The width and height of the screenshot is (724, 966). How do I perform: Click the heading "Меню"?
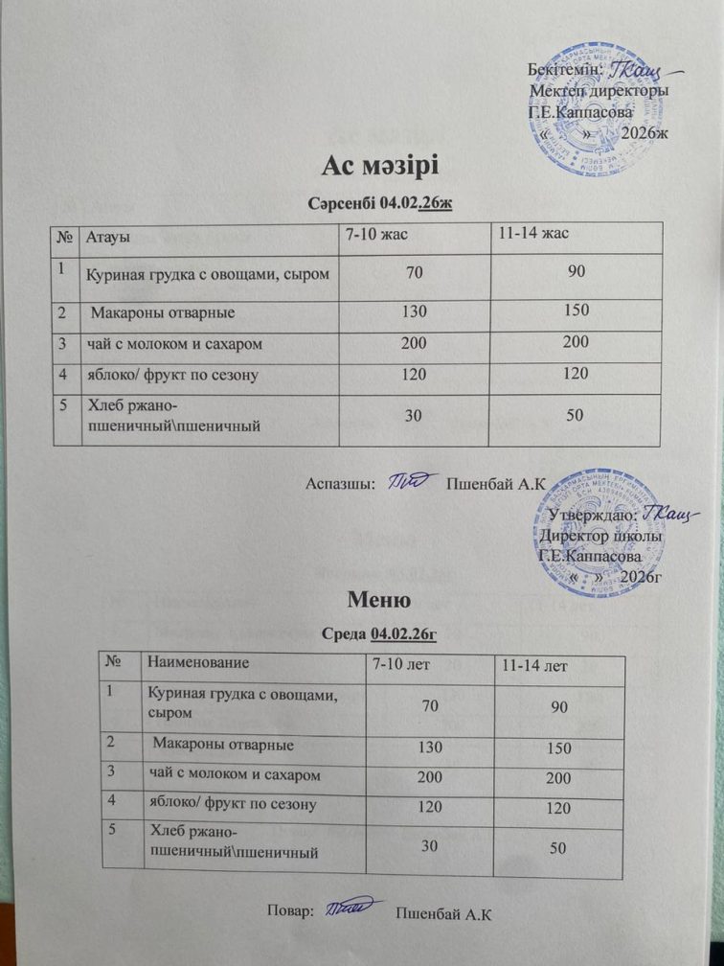pyautogui.click(x=379, y=603)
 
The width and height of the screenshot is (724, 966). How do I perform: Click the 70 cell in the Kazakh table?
pyautogui.click(x=415, y=275)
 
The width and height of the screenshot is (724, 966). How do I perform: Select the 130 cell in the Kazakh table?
pyautogui.click(x=414, y=311)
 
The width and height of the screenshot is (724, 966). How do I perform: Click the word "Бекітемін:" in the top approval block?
pyautogui.click(x=565, y=69)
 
